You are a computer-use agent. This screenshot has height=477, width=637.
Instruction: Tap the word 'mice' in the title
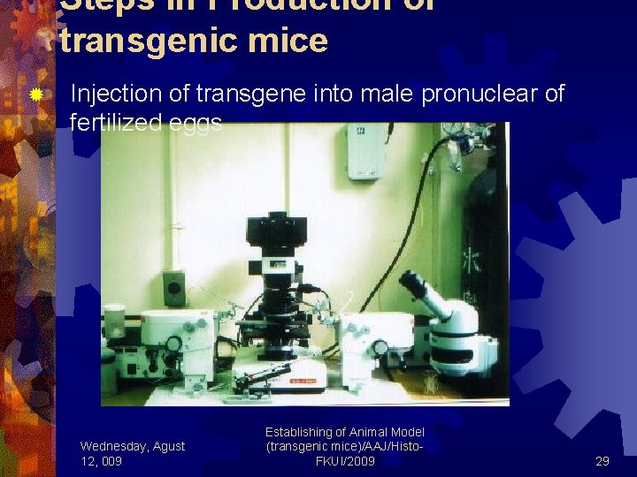coord(294,41)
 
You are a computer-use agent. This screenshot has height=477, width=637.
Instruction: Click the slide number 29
coord(602,461)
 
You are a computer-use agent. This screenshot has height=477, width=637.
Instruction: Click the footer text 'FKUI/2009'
coord(345,461)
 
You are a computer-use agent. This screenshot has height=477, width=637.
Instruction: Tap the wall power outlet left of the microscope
coord(174,288)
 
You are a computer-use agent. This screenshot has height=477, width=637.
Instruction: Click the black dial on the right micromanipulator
coord(381,347)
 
